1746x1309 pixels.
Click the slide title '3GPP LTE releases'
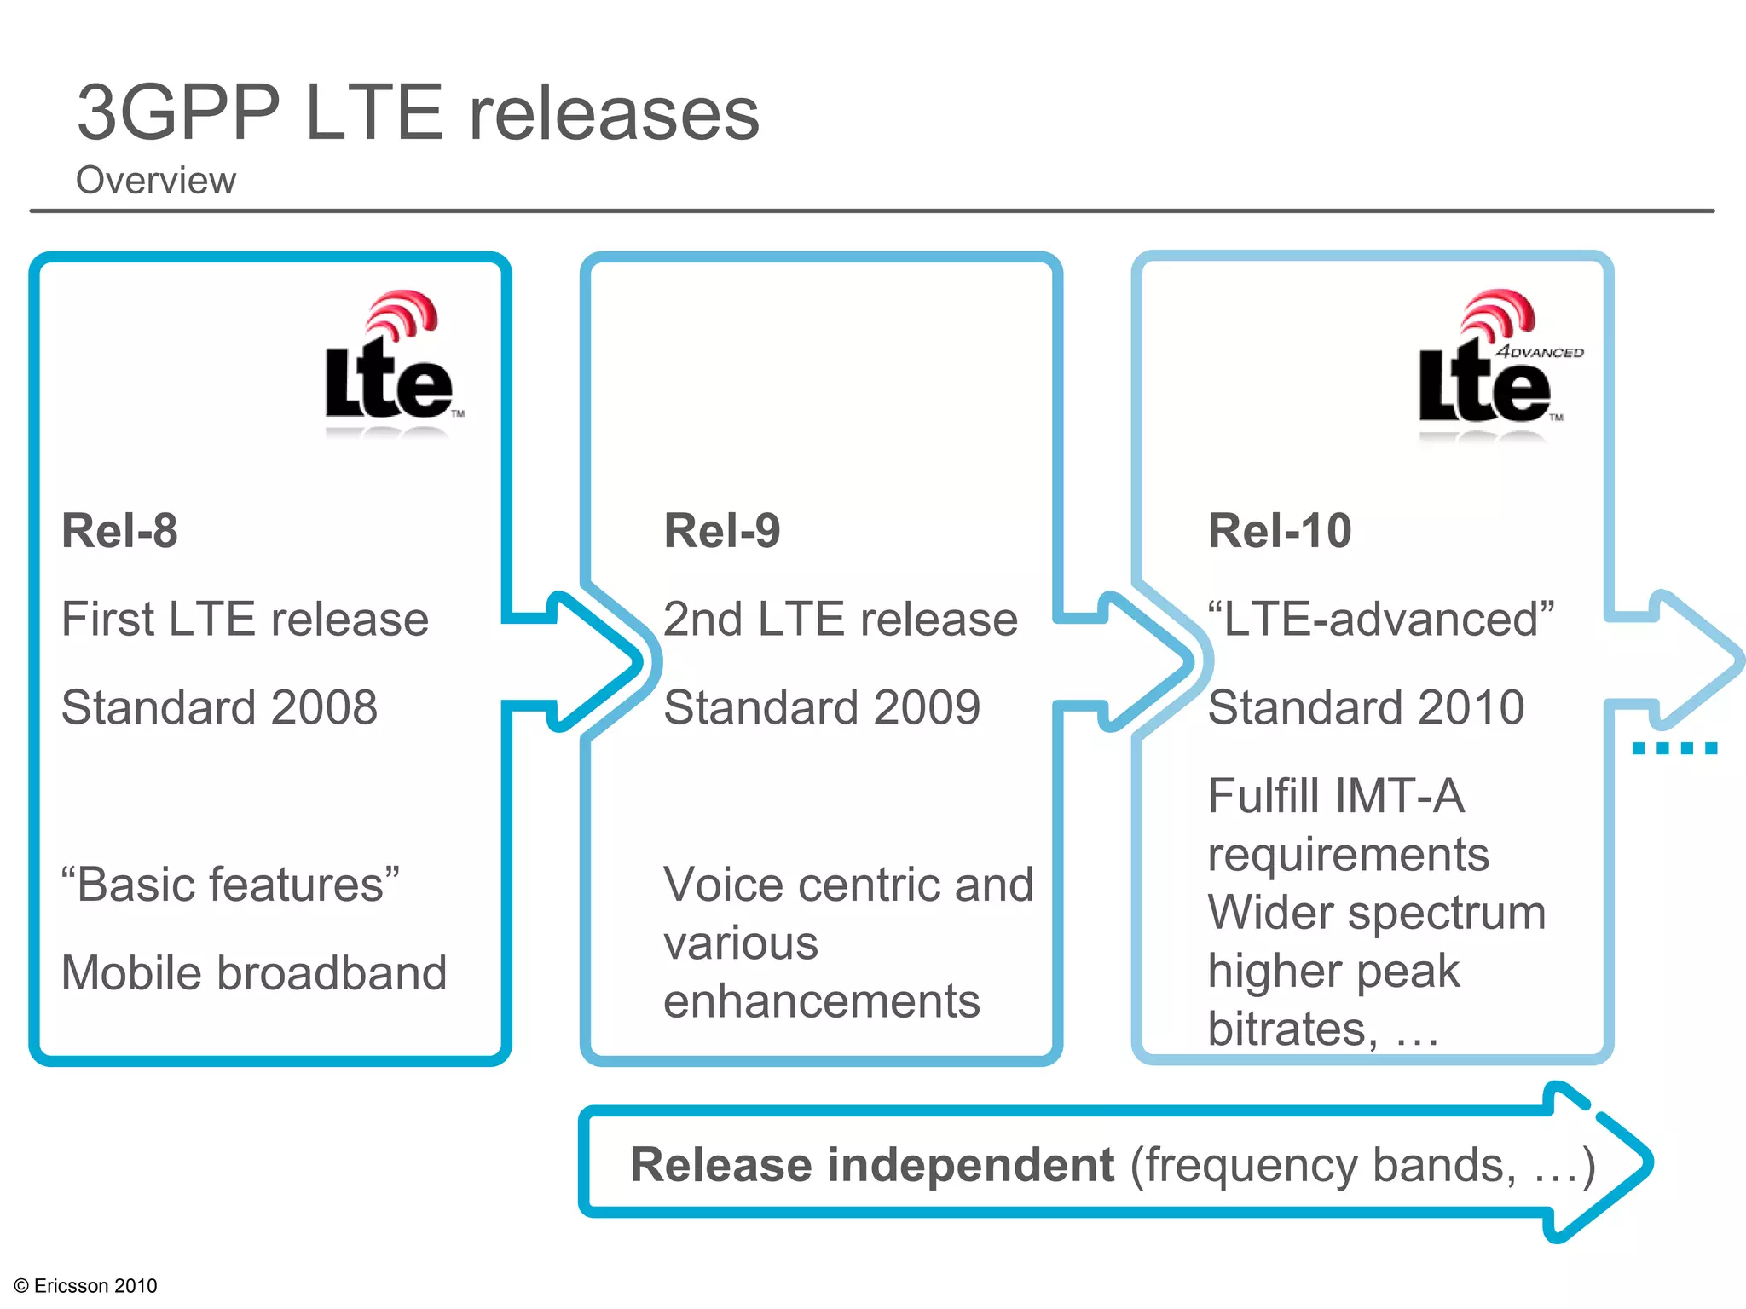pos(418,113)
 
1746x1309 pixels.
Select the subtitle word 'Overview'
pos(155,181)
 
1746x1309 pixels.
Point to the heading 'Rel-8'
pos(119,531)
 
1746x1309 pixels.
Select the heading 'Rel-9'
pos(721,531)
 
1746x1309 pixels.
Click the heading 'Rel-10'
pos(1279,531)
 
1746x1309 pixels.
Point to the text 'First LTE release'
pos(245,619)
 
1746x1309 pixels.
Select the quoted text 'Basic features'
pos(230,885)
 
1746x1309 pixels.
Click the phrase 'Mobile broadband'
pos(254,973)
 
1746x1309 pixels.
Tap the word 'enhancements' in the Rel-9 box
pos(821,1001)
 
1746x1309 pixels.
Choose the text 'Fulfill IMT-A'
pos(1336,797)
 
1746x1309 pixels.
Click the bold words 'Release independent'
pos(871,1165)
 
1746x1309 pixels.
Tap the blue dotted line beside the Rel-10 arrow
pos(1674,748)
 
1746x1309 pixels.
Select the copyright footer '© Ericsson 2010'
pos(86,1285)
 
